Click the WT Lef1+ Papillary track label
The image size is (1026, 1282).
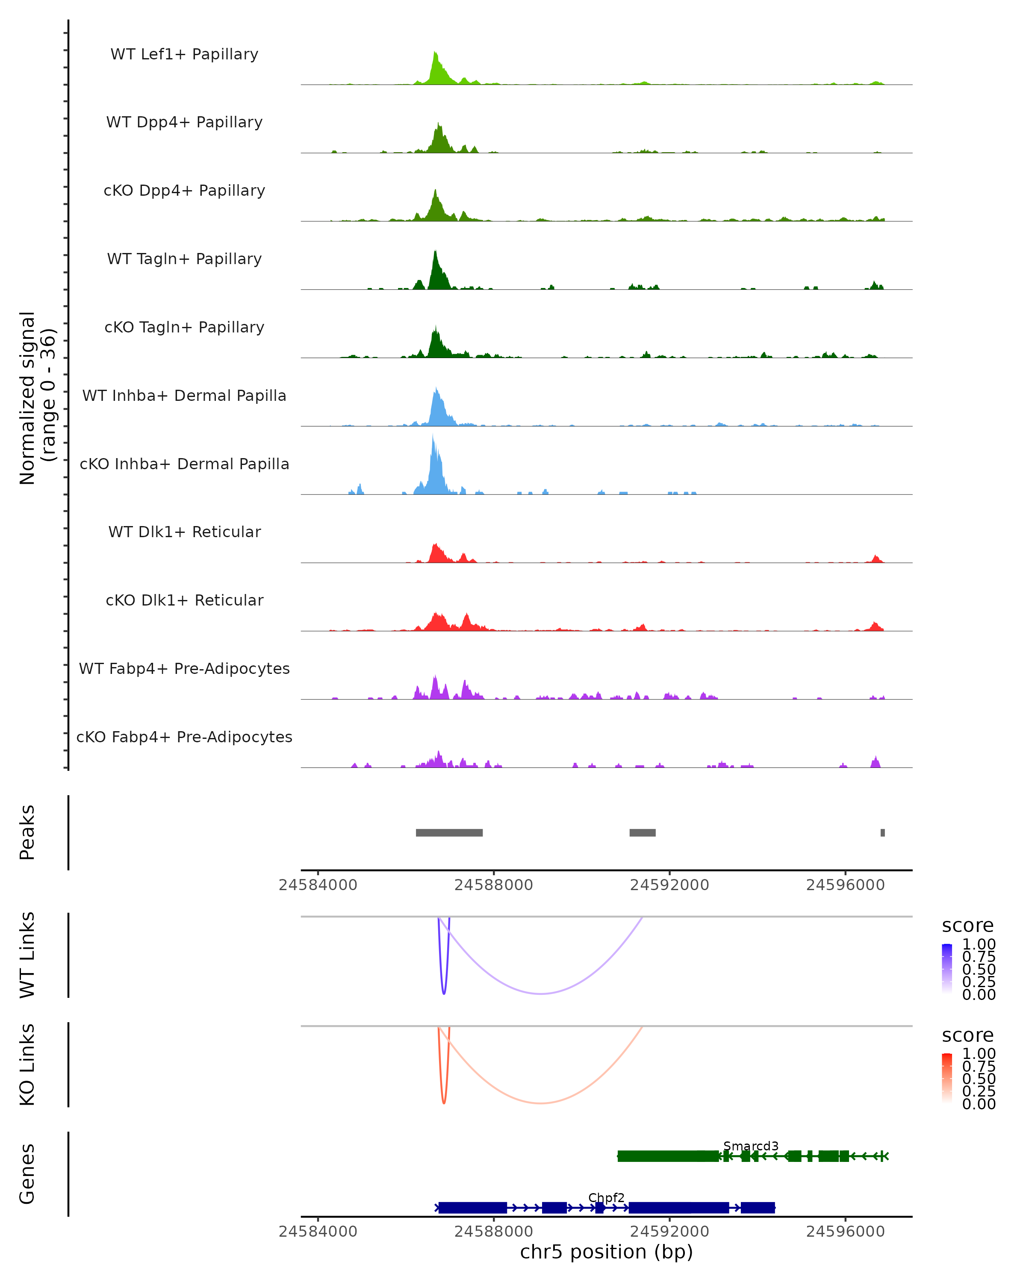[x=184, y=54]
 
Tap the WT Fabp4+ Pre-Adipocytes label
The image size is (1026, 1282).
[x=184, y=668]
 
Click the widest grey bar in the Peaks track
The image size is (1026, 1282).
[x=449, y=832]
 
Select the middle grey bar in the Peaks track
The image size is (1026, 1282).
[x=643, y=832]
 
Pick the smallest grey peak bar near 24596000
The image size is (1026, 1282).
[x=883, y=832]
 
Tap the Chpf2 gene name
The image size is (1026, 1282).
[x=606, y=1197]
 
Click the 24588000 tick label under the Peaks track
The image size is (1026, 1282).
[x=494, y=885]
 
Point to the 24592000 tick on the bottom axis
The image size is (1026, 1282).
[x=670, y=1232]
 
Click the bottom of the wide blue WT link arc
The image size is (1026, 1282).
[x=540, y=994]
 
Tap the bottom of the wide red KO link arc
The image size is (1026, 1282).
[x=540, y=1103]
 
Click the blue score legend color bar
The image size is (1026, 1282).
[x=947, y=969]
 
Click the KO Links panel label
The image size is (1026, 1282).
[x=27, y=1065]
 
